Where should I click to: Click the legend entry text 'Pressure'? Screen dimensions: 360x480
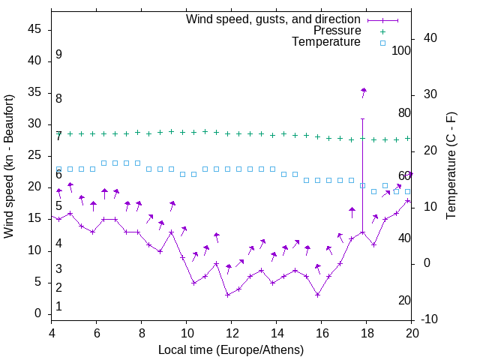pyautogui.click(x=337, y=31)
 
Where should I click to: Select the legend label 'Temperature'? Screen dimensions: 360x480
pyautogui.click(x=326, y=43)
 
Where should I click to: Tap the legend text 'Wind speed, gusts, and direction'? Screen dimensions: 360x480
pyautogui.click(x=274, y=19)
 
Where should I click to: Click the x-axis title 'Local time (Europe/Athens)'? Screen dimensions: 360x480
pyautogui.click(x=231, y=350)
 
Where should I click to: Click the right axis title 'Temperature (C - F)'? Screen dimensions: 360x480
pyautogui.click(x=451, y=166)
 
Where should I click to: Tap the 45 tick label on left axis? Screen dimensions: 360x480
pyautogui.click(x=34, y=29)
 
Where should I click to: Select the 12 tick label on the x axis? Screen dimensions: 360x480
pyautogui.click(x=232, y=334)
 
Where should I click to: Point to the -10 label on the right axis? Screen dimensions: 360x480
pyautogui.click(x=430, y=319)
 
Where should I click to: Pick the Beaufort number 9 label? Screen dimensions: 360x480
pyautogui.click(x=58, y=55)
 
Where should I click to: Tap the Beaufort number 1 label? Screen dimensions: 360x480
pyautogui.click(x=58, y=307)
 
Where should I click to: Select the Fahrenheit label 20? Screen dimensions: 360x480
pyautogui.click(x=404, y=301)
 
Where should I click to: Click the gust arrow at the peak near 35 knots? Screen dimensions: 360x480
pyautogui.click(x=364, y=92)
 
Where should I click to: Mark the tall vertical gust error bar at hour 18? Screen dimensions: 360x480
pyautogui.click(x=363, y=172)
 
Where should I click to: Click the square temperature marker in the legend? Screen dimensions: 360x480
pyautogui.click(x=382, y=43)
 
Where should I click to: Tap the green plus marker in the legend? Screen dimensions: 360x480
pyautogui.click(x=382, y=31)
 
